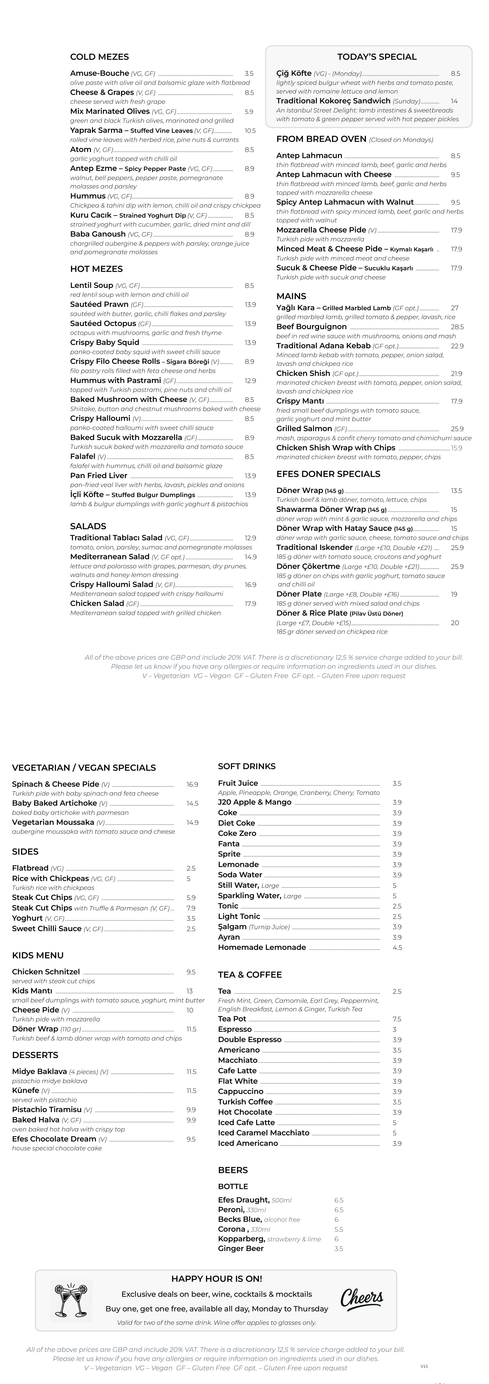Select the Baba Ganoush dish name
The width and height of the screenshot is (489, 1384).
98,234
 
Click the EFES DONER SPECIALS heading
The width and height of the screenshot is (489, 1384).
328,474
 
